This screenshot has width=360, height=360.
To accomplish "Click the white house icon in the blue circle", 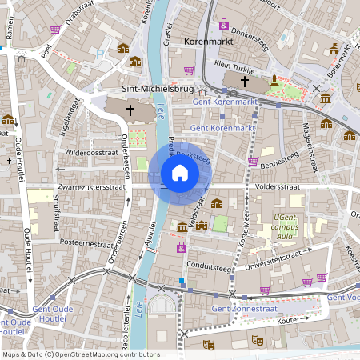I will coord(180,173).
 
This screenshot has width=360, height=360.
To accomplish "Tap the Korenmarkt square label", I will coord(209,39).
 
